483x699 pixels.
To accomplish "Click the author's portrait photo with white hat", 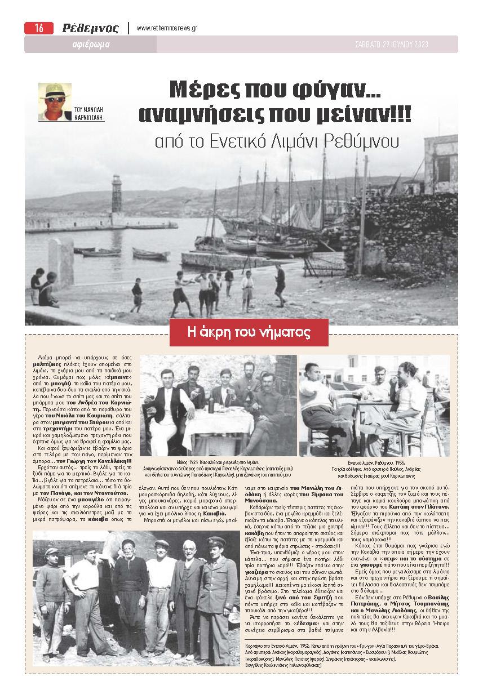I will pos(55,101).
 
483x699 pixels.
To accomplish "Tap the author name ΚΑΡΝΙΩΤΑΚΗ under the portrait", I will pos(90,118).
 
